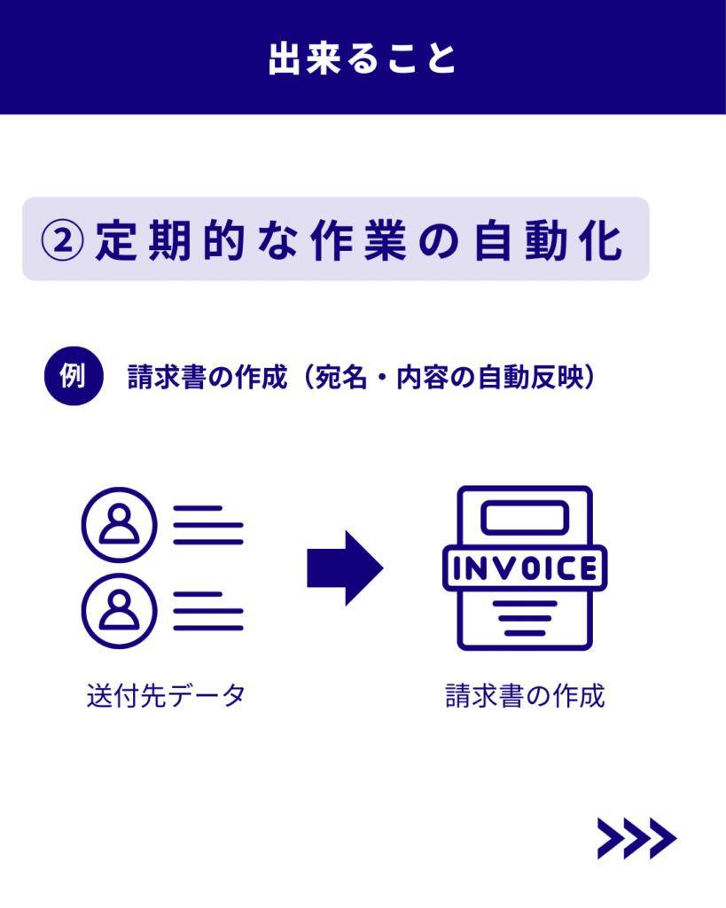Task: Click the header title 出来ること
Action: click(363, 58)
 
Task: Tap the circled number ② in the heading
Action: click(64, 239)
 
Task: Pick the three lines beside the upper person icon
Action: click(207, 526)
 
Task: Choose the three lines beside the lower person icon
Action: click(207, 610)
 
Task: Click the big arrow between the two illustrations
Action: click(345, 568)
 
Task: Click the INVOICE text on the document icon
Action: click(525, 568)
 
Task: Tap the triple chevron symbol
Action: click(636, 838)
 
